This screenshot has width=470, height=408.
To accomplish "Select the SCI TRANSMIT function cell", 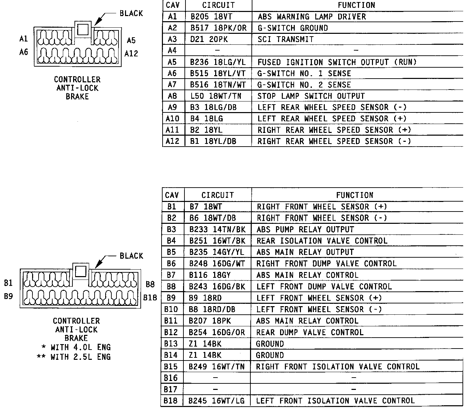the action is (x=286, y=39).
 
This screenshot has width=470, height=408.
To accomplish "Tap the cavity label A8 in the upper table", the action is (x=172, y=96).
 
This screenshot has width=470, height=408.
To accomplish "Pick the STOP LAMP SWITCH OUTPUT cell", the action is (x=311, y=96).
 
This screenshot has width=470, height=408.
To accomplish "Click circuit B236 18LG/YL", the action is (x=218, y=62).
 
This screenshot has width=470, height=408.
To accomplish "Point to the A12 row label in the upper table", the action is (x=172, y=141).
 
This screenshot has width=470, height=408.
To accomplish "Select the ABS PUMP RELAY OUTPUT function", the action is (x=305, y=229).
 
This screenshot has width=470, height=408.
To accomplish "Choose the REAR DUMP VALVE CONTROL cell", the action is (x=310, y=332).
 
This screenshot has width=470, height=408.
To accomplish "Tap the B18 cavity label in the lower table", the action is (x=171, y=400).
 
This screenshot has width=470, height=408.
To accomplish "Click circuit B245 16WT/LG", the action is (x=217, y=400).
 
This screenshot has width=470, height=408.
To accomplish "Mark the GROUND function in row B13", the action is (x=270, y=344).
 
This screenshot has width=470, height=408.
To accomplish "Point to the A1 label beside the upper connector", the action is (x=24, y=39).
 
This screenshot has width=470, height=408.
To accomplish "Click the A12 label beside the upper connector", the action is (x=131, y=53).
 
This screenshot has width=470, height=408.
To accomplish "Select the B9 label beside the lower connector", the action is (x=9, y=296).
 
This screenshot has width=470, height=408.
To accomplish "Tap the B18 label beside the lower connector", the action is (x=150, y=298).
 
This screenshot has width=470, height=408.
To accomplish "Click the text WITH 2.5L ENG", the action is (x=80, y=357).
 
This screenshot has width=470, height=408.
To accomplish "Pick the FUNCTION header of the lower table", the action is (x=355, y=195).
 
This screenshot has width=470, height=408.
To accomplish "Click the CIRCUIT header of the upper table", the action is (x=218, y=5).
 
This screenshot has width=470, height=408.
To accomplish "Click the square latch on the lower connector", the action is (x=81, y=271).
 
